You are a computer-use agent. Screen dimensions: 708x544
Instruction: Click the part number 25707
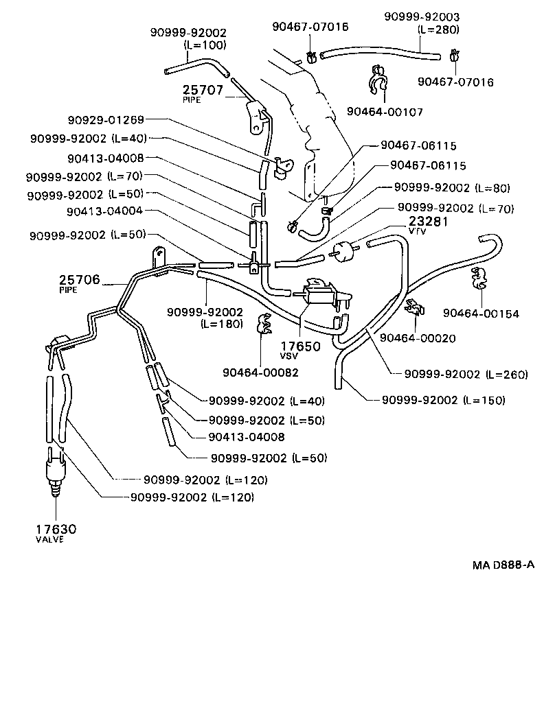click(204, 90)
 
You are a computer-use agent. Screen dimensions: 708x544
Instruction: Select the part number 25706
click(80, 280)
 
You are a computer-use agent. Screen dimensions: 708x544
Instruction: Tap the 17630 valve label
click(56, 530)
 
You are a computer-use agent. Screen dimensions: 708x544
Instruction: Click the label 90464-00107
click(385, 111)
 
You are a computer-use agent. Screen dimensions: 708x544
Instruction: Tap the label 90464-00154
click(481, 314)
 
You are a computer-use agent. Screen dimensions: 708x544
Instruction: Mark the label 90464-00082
click(260, 372)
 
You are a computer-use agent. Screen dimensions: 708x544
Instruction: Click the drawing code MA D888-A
click(503, 565)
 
